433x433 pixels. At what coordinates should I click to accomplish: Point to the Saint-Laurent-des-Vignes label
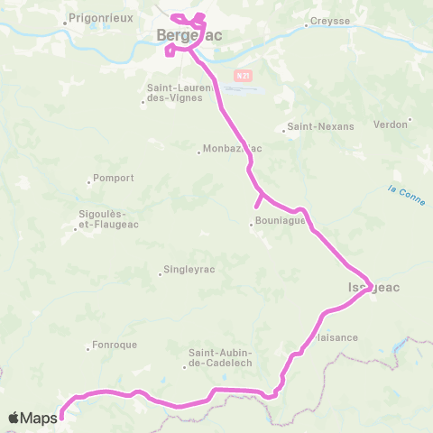click(x=179, y=92)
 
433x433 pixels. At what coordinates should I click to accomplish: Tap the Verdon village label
click(x=391, y=124)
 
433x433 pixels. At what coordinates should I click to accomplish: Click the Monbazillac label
click(x=232, y=148)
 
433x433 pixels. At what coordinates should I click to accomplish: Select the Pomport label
click(x=114, y=178)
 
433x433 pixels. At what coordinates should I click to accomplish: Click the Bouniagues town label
click(x=278, y=222)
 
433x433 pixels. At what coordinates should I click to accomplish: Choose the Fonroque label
click(x=114, y=345)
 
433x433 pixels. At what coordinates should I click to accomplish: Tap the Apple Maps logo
click(x=33, y=417)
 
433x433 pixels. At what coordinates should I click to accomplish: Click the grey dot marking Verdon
click(x=410, y=119)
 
